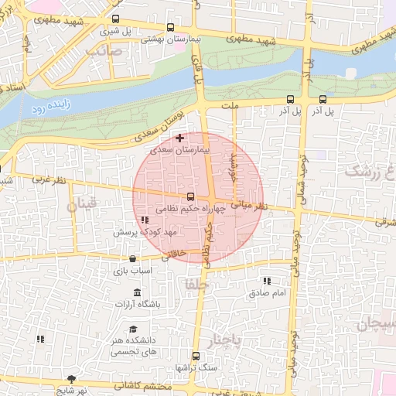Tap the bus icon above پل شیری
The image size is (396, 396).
(116, 19)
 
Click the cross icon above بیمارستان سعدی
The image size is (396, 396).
(180, 138)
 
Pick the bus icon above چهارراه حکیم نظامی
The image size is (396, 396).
(190, 196)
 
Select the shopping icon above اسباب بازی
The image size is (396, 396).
(134, 258)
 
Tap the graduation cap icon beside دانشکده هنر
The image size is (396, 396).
(134, 329)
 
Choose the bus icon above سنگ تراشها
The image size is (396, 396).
(196, 356)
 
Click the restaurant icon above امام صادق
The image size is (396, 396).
(268, 281)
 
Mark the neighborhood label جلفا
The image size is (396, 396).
(193, 284)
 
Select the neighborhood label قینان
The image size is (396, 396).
(83, 205)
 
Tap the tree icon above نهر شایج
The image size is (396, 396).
(72, 379)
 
